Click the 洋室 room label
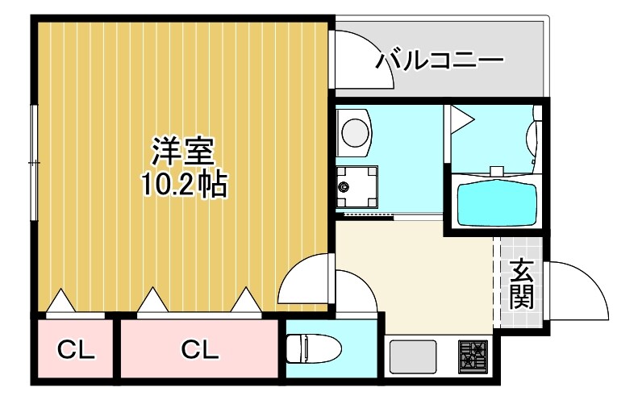click(x=183, y=151)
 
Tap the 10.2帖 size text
click(x=183, y=185)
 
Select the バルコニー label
click(x=440, y=60)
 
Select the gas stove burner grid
click(x=473, y=354)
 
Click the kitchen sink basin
click(x=414, y=355)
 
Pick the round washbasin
click(x=353, y=129)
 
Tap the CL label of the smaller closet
click(x=76, y=350)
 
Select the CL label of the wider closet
click(x=199, y=350)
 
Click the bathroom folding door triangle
click(x=461, y=119)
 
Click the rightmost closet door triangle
click(x=246, y=300)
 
